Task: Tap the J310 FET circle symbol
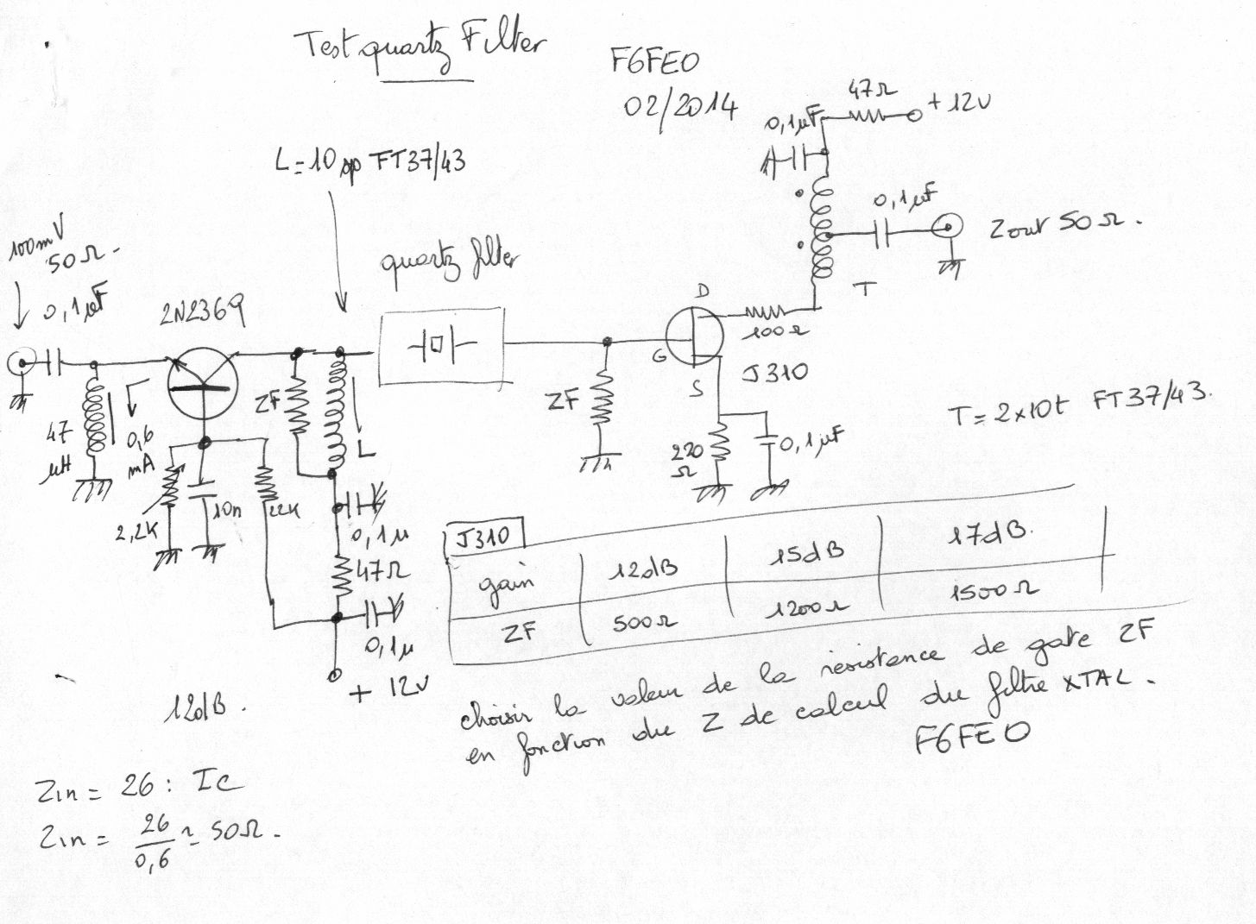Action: pos(697,336)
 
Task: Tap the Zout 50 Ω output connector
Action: pos(947,229)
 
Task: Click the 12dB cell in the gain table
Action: pos(644,569)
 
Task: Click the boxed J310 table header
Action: pos(483,538)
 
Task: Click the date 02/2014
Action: pos(681,107)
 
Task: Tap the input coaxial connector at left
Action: pos(19,363)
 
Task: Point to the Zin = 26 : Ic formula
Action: pos(138,786)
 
